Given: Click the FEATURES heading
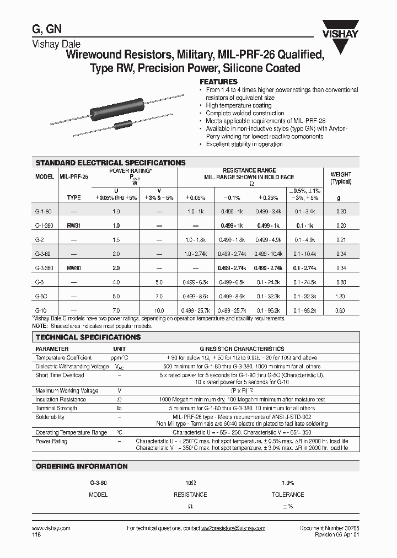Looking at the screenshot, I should (x=222, y=82).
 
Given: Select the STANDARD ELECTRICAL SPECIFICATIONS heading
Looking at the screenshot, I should (x=110, y=163).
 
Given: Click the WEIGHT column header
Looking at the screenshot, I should (x=340, y=174).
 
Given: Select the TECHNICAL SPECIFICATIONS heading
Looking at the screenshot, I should (x=88, y=337).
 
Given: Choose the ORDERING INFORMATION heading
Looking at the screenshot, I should (x=82, y=466).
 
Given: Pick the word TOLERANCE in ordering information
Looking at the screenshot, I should (x=288, y=495).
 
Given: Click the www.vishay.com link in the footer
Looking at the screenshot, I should (x=48, y=528).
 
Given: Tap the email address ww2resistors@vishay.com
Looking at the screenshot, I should (x=233, y=528).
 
